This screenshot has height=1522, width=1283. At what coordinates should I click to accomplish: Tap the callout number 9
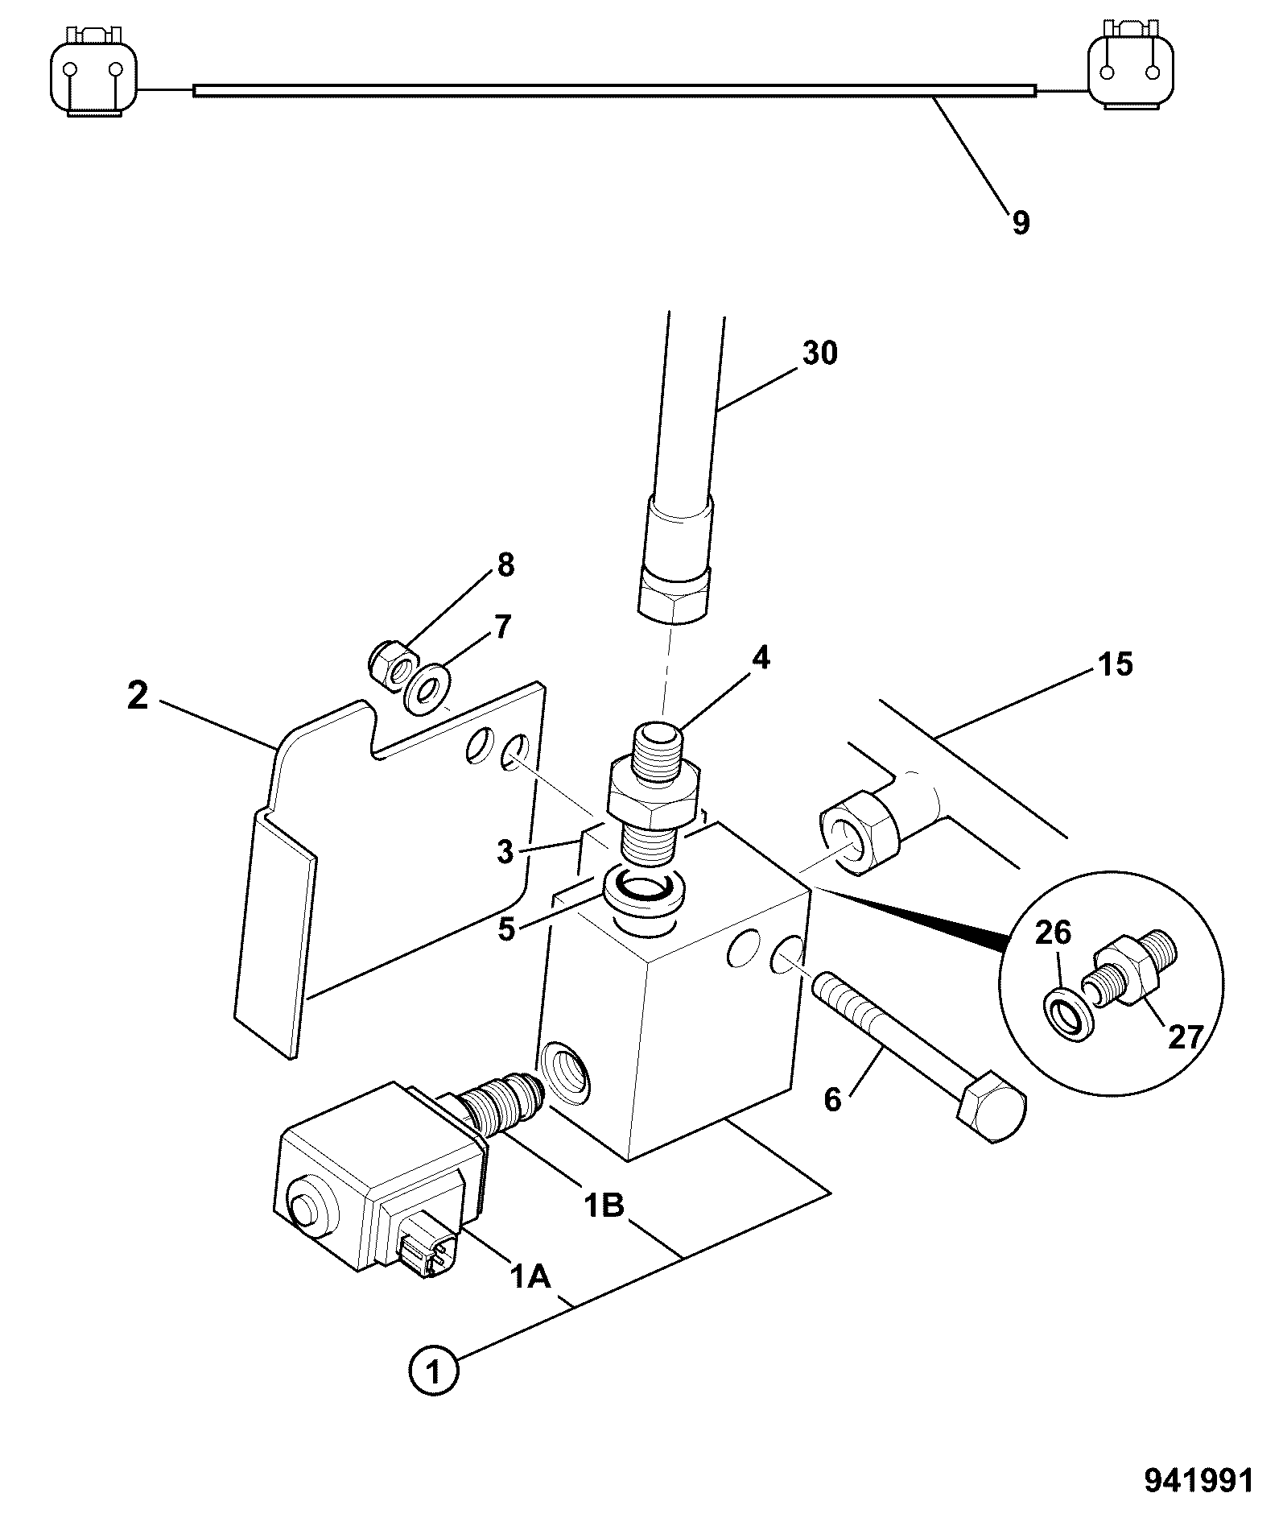tap(1021, 222)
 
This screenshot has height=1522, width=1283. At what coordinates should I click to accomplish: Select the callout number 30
tap(819, 353)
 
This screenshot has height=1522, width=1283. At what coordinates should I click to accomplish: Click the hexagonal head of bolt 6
tap(992, 1105)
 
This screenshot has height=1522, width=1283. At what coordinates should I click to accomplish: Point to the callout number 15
tap(1114, 665)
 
